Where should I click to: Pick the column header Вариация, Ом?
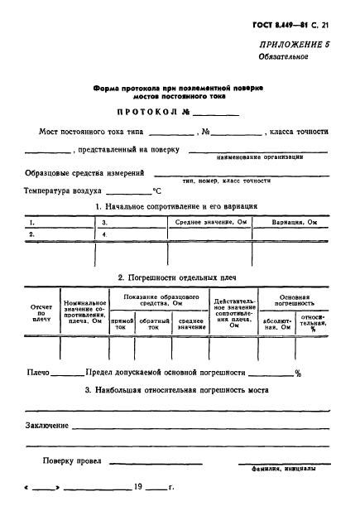(294, 223)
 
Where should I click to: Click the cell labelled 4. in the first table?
(104, 234)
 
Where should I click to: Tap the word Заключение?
(46, 425)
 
